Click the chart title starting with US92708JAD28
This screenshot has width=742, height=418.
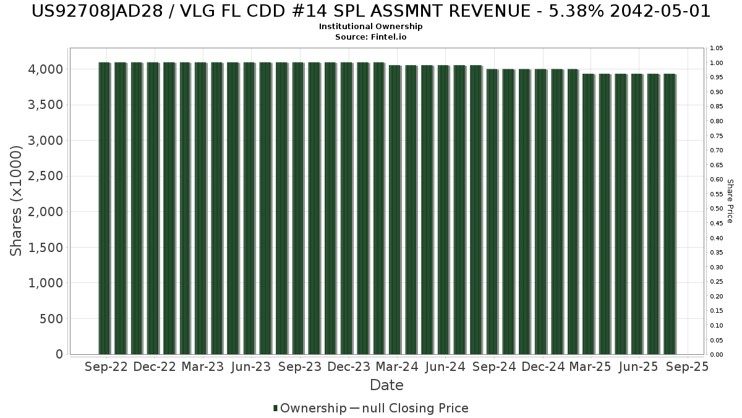[x=371, y=11]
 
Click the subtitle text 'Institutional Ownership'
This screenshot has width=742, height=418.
[x=371, y=27]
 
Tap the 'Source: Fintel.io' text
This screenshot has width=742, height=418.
[x=371, y=37]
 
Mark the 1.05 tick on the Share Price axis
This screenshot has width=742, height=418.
[x=717, y=48]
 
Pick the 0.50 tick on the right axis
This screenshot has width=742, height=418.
[x=717, y=209]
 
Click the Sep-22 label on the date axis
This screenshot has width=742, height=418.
[x=106, y=367]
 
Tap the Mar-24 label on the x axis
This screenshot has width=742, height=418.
[x=397, y=367]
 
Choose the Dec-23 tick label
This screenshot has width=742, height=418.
[x=349, y=367]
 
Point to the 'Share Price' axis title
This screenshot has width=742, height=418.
[x=730, y=201]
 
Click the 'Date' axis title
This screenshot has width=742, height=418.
[x=386, y=385]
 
